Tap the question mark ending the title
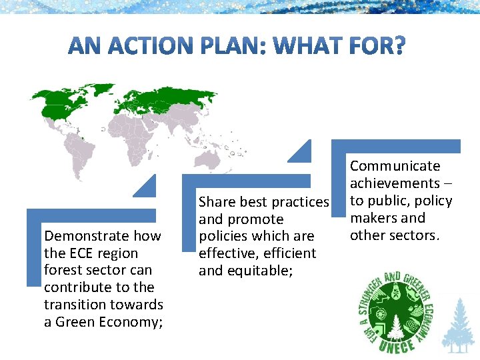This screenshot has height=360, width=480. tap(397, 46)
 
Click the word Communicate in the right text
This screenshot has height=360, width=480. tap(395, 166)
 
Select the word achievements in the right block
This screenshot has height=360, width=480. tap(395, 183)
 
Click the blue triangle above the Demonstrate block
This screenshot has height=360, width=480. tap(147, 188)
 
